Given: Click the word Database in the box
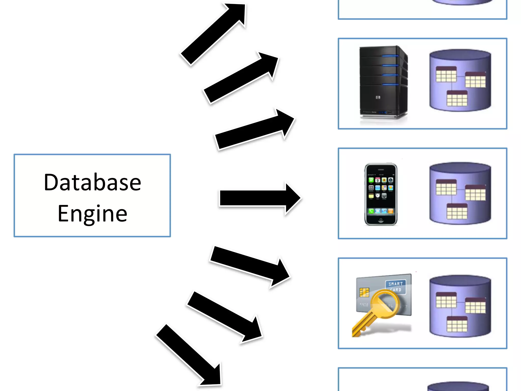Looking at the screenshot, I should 92,182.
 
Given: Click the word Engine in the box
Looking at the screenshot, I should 92,213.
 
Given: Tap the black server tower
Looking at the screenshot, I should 383,83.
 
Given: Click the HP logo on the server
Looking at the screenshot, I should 378,97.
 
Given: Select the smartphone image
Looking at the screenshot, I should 381,194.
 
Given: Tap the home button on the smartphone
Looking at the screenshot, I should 381,220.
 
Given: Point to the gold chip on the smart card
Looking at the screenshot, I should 364,292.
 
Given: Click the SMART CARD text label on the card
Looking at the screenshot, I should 396,287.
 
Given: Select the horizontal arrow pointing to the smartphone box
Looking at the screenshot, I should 259,198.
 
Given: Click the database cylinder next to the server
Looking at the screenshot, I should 460,80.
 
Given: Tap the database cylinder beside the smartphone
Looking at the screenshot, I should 460,193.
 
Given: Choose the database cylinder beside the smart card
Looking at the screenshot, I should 460,306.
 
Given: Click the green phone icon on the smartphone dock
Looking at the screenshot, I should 371,211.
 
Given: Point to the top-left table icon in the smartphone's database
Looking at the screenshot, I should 446,187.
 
